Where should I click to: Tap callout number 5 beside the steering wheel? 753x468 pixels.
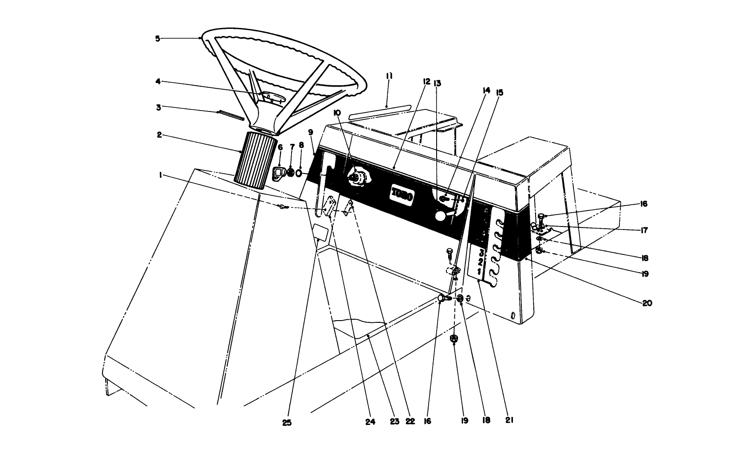point(158,39)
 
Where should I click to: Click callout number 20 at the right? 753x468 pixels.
point(647,303)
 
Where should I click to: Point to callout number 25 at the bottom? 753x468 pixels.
point(287,423)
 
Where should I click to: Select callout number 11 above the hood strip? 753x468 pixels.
point(389,76)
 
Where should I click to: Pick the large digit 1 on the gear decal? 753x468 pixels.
point(479,271)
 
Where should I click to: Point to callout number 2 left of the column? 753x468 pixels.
point(159,135)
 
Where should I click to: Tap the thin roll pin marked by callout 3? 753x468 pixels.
point(231,115)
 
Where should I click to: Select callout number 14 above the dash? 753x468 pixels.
point(486,90)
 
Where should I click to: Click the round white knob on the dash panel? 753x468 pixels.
point(440,216)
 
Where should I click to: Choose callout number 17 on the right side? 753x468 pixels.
point(644,230)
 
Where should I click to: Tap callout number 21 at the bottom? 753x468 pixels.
point(509,420)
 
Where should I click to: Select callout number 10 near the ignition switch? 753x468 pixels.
point(337,113)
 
